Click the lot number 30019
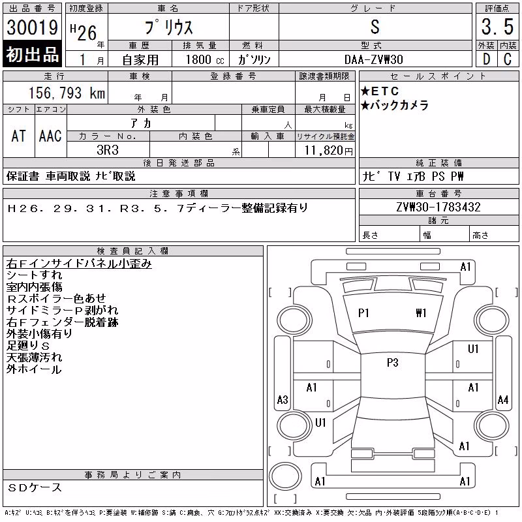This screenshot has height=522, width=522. (x=32, y=27)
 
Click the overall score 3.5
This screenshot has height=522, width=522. (x=497, y=27)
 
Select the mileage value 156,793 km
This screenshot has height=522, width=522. (x=67, y=93)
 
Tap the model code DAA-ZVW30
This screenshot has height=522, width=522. (x=373, y=59)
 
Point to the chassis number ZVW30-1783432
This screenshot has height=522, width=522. (x=438, y=207)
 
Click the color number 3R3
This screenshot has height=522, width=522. (x=108, y=150)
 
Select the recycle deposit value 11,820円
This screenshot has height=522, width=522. (x=328, y=151)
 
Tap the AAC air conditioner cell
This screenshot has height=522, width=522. (x=50, y=136)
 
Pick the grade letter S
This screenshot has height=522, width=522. (x=375, y=27)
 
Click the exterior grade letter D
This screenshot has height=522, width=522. (x=486, y=59)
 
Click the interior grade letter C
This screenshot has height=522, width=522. (x=508, y=59)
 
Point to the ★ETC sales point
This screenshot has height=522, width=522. (x=380, y=91)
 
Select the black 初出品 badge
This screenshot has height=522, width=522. (x=32, y=54)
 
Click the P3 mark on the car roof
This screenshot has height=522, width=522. (x=393, y=362)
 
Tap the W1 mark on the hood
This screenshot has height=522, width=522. (x=421, y=313)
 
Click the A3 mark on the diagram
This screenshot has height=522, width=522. (x=283, y=399)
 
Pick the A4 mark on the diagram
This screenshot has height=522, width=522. (x=502, y=399)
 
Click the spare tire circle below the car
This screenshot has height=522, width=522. (x=285, y=476)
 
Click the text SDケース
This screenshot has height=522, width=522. (x=35, y=487)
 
